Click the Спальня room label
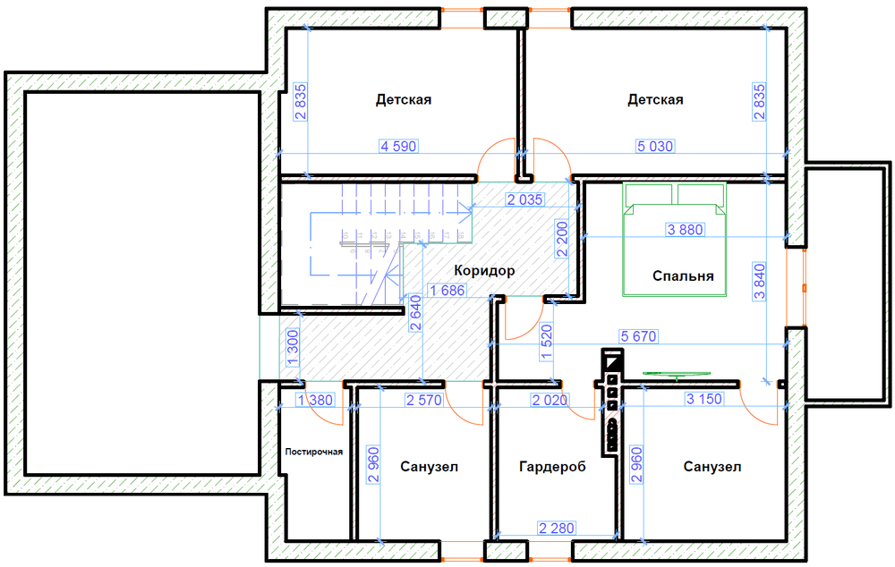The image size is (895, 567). pos(683,276)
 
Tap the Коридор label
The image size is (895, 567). pos(484,270)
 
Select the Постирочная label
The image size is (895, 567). pos(314,452)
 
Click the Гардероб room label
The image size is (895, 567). pos(552,467)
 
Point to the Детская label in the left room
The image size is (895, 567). pos(404,100)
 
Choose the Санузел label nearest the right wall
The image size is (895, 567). pos(712,467)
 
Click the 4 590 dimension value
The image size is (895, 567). pos(398,147)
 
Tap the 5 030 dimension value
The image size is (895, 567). pos(655,147)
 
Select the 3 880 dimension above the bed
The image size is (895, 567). pos(685,230)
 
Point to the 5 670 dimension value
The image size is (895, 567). pos(639,336)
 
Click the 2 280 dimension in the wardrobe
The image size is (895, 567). pos(557,529)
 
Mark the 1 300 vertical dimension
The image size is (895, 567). pos(293,347)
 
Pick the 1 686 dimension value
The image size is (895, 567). pos(447,291)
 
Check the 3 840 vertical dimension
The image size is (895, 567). pos(760,281)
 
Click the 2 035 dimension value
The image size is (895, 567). pos(525,199)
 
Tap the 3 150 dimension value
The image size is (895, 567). pos(704,399)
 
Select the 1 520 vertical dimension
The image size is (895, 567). pos(547,343)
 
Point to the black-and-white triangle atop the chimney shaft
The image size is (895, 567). pos(612,361)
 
